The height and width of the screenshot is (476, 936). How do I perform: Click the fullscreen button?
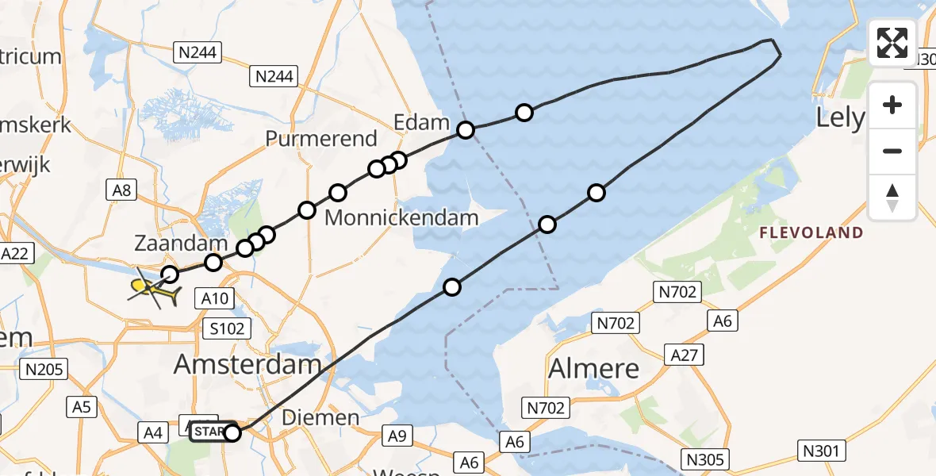coord(892,43)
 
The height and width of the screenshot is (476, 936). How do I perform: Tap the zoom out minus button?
coord(892,151)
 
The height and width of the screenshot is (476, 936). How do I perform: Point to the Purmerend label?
coord(321,139)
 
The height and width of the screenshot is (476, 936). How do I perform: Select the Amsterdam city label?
coord(247,365)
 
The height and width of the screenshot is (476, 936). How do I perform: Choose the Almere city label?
coord(593,369)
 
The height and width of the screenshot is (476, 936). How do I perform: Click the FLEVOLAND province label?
coord(811,233)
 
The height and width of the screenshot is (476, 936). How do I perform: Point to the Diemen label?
coord(332,417)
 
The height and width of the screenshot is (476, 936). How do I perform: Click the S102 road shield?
coord(228,328)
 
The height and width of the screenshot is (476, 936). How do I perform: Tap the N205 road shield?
coord(46,368)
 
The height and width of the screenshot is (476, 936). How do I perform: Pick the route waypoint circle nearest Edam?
coord(466,129)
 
